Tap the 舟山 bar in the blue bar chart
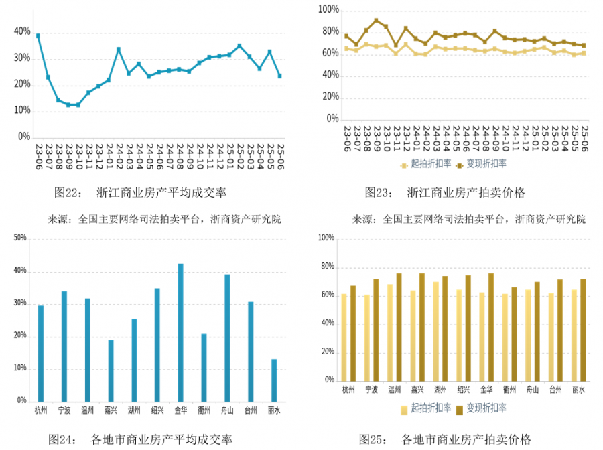point(227,337)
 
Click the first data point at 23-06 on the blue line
point(38,35)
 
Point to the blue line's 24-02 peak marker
point(119,49)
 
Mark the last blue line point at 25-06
point(279,76)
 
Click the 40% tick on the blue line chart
point(22,32)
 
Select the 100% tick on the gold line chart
point(328,10)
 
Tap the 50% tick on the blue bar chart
point(19,238)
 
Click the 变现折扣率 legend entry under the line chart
point(481,164)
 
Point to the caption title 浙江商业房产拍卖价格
point(466,193)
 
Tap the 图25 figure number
point(373,439)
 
